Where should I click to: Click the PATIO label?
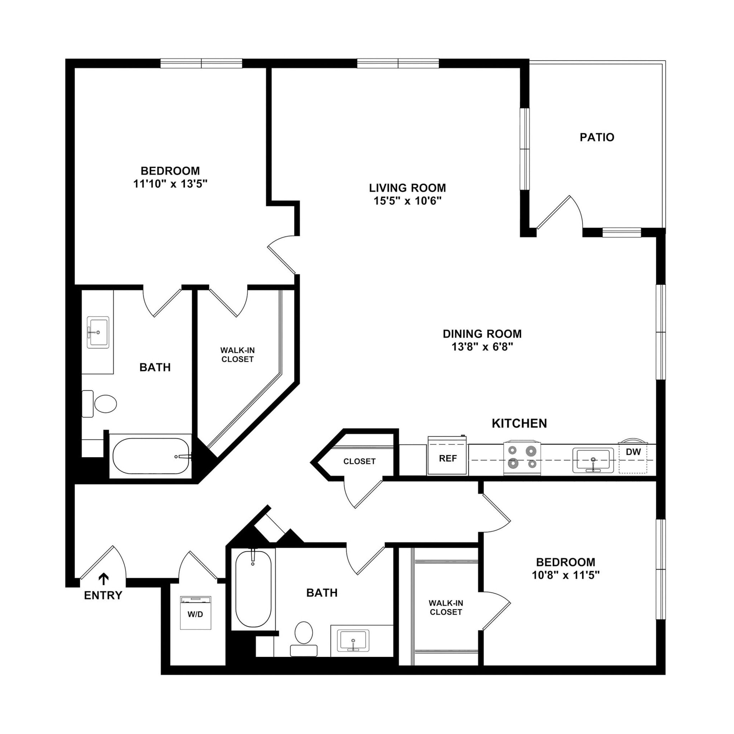pyautogui.click(x=596, y=137)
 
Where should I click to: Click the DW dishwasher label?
pyautogui.click(x=633, y=452)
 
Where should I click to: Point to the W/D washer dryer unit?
pyautogui.click(x=195, y=613)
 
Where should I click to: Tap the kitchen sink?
pyautogui.click(x=593, y=460)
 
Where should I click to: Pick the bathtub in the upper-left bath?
pyautogui.click(x=151, y=456)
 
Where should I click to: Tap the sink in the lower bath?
pyautogui.click(x=353, y=641)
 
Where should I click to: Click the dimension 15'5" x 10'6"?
pyautogui.click(x=407, y=201)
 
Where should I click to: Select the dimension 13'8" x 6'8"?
pyautogui.click(x=482, y=347)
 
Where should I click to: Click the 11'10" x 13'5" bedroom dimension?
pyautogui.click(x=170, y=184)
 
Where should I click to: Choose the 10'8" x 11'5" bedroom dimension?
pyautogui.click(x=565, y=575)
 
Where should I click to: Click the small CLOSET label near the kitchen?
pyautogui.click(x=359, y=461)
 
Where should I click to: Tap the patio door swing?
pyautogui.click(x=559, y=213)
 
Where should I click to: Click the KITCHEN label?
pyautogui.click(x=519, y=423)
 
